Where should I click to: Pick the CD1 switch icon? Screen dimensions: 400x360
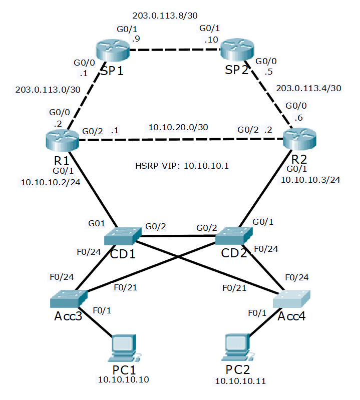[124, 235]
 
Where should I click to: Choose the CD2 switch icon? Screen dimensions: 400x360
[234, 235]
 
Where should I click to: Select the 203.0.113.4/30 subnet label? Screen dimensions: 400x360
[309, 88]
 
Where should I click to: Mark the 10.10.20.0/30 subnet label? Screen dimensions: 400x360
[178, 127]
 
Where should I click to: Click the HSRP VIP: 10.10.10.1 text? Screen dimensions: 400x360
[182, 166]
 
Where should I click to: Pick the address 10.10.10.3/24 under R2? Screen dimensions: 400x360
[310, 180]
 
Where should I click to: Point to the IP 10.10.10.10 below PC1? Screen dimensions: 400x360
[124, 380]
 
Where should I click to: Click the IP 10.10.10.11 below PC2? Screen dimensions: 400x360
[240, 381]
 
